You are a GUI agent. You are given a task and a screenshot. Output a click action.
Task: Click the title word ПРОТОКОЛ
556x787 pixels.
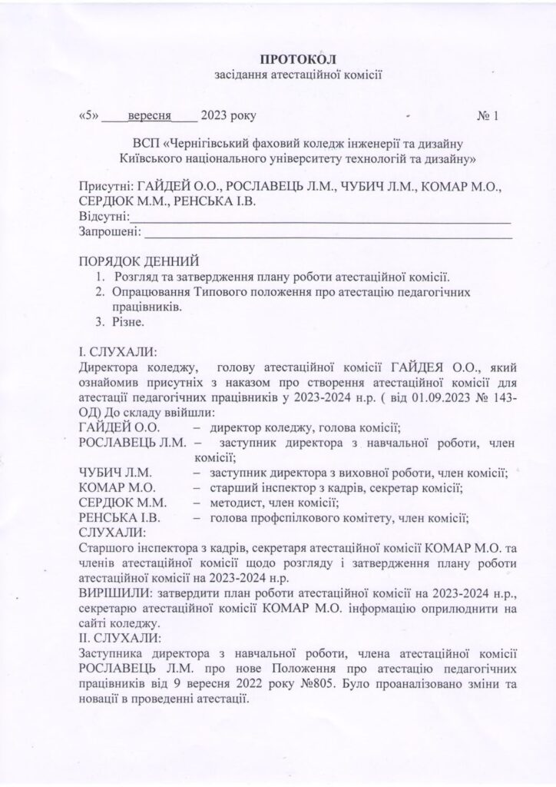299,59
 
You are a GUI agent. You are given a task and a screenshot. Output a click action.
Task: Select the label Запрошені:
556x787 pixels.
111,231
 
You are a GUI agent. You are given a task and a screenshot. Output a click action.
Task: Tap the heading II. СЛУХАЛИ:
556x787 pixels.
119,637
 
